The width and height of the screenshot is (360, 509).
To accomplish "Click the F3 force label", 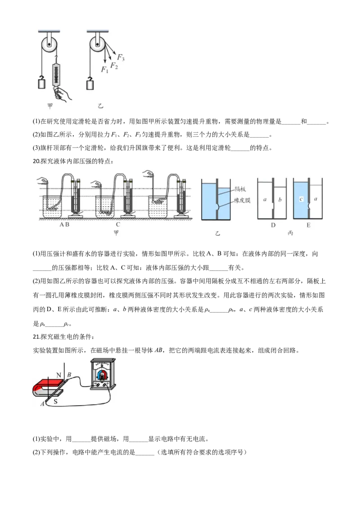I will [121, 58].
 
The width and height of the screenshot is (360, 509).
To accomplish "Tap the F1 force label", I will [104, 70].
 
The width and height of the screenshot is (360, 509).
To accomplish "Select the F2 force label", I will [114, 66].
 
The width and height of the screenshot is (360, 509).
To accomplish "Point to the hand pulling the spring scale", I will [60, 94].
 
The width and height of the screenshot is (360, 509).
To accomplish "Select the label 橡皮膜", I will [241, 200].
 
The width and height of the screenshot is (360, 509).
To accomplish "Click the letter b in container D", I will [279, 199].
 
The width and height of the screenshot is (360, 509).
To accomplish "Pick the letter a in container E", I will [315, 199].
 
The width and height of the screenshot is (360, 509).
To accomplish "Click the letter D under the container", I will [273, 225].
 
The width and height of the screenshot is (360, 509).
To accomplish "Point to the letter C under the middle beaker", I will [117, 224].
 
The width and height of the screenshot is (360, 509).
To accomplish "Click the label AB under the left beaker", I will [64, 225].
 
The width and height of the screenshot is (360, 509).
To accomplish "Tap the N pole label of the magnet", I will [58, 375].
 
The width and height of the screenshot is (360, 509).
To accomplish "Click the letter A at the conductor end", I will [42, 403].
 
